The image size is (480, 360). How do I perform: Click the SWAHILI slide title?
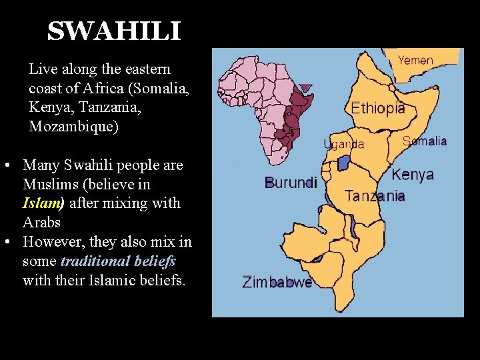pos(114,31)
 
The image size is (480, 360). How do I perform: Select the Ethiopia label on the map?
pos(378,108)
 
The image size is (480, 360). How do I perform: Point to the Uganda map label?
pos(344,144)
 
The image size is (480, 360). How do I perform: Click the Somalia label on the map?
pos(425,141)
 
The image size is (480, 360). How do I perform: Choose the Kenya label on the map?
pos(413,175)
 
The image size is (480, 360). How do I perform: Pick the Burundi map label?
pos(291,182)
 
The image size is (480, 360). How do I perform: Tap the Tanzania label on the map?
pos(375,196)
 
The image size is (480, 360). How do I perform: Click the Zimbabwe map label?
pos(277,282)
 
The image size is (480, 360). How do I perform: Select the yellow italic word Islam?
pos(42,203)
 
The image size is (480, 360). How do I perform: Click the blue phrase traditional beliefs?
pos(118,261)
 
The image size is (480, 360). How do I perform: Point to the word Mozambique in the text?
pos(74,127)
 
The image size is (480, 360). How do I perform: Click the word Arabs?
pos(41,221)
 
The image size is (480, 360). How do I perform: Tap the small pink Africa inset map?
pos(263,100)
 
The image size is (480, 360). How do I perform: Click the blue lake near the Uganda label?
pos(344,162)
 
